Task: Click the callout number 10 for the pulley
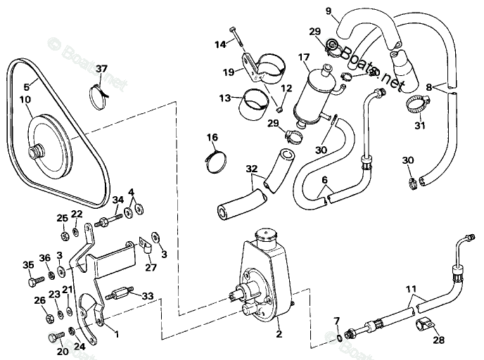(x=25, y=99)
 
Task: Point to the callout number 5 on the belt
(x=25, y=86)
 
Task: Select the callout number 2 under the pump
(x=279, y=334)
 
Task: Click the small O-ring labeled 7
(x=340, y=337)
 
